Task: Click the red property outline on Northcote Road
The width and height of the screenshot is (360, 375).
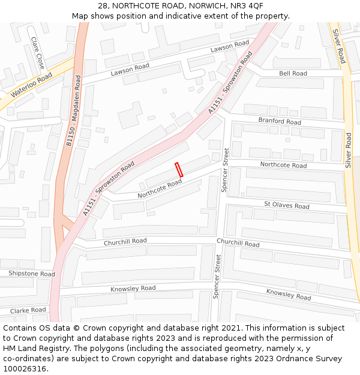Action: tap(179, 169)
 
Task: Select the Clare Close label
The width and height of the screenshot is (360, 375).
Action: tap(38, 52)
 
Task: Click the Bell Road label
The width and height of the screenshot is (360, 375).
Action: tap(293, 73)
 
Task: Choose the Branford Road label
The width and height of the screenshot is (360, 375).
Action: tap(280, 121)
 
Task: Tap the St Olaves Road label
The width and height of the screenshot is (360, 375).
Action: tap(287, 206)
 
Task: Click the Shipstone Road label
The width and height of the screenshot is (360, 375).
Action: tap(31, 274)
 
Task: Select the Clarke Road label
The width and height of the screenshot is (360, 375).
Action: tap(28, 310)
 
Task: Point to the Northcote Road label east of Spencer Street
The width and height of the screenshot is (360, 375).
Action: tap(283, 165)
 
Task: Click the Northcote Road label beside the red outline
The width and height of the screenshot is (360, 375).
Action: tap(160, 189)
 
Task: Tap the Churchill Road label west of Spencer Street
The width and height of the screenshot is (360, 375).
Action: tap(125, 241)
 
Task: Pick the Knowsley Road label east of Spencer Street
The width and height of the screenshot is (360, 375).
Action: tap(289, 295)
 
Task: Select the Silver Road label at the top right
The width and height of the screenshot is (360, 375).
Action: tap(339, 46)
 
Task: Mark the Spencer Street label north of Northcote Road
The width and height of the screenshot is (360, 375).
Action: tap(226, 170)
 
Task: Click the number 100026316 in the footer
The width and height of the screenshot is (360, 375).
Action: tap(25, 369)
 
